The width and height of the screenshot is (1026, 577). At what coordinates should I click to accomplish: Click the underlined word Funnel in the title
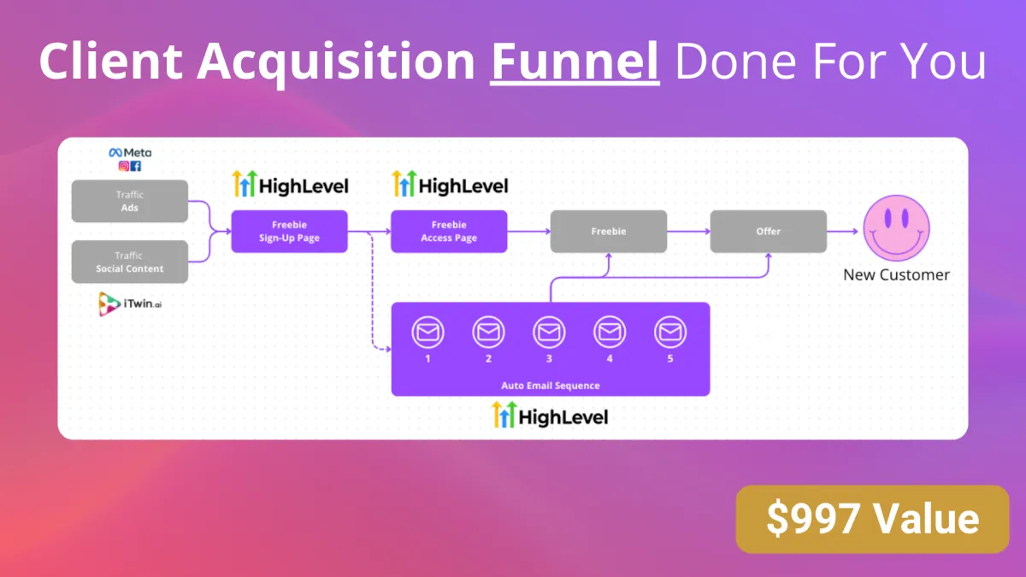tap(575, 62)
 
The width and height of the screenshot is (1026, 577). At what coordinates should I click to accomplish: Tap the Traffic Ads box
tap(130, 201)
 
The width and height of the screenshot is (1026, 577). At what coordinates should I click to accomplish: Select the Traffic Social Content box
tap(130, 262)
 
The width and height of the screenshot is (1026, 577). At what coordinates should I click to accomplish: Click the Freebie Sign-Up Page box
tap(290, 232)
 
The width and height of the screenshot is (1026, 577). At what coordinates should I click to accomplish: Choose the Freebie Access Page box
tap(449, 232)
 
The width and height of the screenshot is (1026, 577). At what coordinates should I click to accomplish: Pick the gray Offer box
tap(768, 232)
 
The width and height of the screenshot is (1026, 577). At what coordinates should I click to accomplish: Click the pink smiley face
tap(896, 228)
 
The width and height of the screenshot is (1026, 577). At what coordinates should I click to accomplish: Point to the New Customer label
tap(896, 274)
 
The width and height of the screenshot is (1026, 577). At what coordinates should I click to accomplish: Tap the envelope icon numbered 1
tap(427, 332)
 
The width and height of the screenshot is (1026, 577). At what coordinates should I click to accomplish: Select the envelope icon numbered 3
tap(549, 332)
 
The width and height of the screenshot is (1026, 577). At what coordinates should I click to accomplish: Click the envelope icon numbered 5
tap(670, 332)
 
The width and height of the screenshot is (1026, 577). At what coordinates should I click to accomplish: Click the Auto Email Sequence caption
tap(551, 386)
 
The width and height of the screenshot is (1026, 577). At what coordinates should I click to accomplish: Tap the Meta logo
tap(130, 152)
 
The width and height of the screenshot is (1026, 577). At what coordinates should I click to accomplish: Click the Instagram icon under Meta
tap(124, 166)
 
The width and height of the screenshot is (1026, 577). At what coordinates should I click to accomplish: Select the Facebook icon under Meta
tap(136, 166)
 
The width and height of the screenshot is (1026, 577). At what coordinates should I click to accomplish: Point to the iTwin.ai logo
tap(130, 303)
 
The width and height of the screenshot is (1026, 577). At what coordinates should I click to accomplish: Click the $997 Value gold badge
tap(873, 520)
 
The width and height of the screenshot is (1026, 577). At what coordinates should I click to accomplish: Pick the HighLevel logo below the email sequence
tap(550, 415)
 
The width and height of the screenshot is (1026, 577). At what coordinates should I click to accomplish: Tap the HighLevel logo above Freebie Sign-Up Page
tap(290, 184)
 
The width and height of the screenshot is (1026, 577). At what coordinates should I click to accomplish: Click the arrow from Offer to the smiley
tap(843, 232)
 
